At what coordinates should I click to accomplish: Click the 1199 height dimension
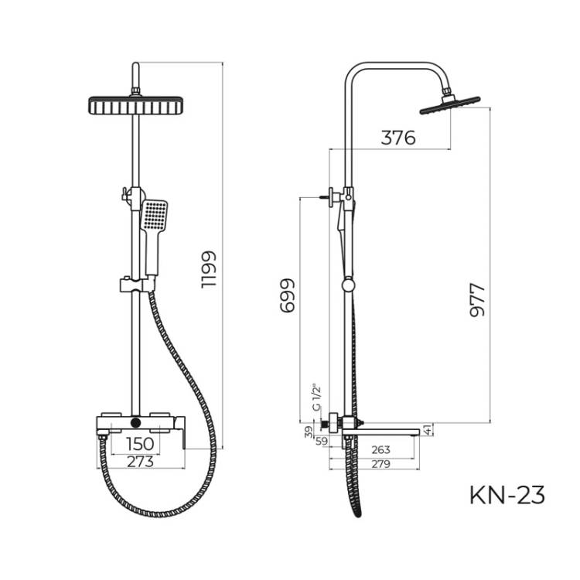(208, 269)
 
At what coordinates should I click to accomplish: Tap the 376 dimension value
(398, 138)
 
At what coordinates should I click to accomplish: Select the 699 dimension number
(288, 295)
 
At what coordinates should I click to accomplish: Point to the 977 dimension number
(477, 300)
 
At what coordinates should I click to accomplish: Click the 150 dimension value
(140, 444)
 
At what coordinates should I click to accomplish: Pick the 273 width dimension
(140, 462)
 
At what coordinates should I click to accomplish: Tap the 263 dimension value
(380, 449)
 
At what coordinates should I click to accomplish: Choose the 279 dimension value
(380, 464)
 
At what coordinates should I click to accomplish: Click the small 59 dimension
(322, 441)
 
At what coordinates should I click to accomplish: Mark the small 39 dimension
(309, 432)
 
